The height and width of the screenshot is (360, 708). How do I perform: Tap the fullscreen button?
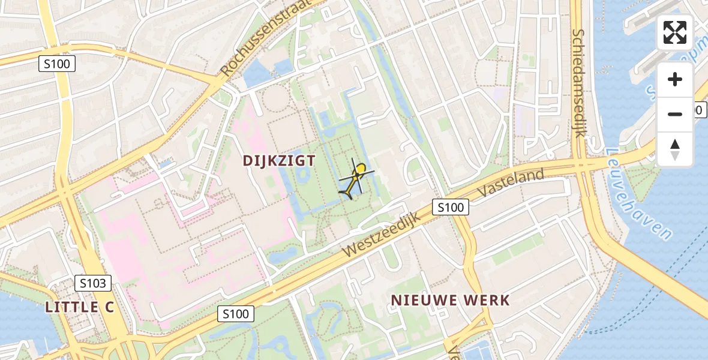click(675, 32)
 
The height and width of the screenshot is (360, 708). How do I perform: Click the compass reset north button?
click(675, 149)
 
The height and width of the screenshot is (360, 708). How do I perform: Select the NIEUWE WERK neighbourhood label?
click(450, 300)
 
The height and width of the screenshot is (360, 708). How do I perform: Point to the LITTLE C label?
click(80, 307)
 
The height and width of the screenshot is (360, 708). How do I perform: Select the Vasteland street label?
click(511, 184)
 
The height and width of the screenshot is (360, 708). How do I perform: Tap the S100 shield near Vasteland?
click(450, 208)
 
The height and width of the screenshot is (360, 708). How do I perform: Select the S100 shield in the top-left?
click(57, 64)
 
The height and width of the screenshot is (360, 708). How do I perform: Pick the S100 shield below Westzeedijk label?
click(236, 313)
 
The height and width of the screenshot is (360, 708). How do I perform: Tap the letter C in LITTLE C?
click(109, 307)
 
